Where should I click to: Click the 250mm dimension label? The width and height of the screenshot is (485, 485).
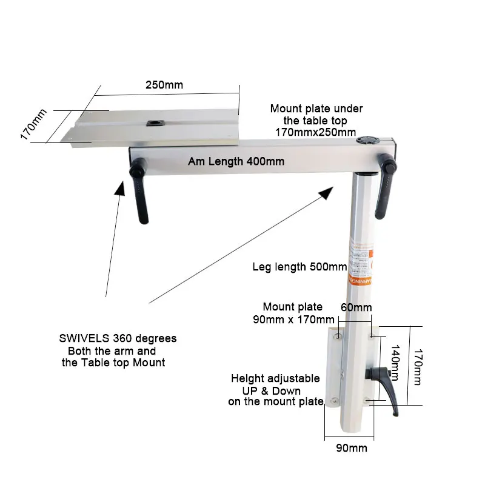coord(164,85)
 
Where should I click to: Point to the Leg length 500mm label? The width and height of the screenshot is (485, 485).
coord(299,267)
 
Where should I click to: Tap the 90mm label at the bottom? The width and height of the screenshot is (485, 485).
coord(350,449)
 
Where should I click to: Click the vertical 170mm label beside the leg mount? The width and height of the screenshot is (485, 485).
coord(418,366)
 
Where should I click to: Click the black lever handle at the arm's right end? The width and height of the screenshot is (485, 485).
coord(384,185)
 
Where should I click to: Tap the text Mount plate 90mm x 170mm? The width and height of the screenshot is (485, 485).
coord(293,313)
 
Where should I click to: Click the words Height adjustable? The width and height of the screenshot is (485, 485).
coord(275,378)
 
